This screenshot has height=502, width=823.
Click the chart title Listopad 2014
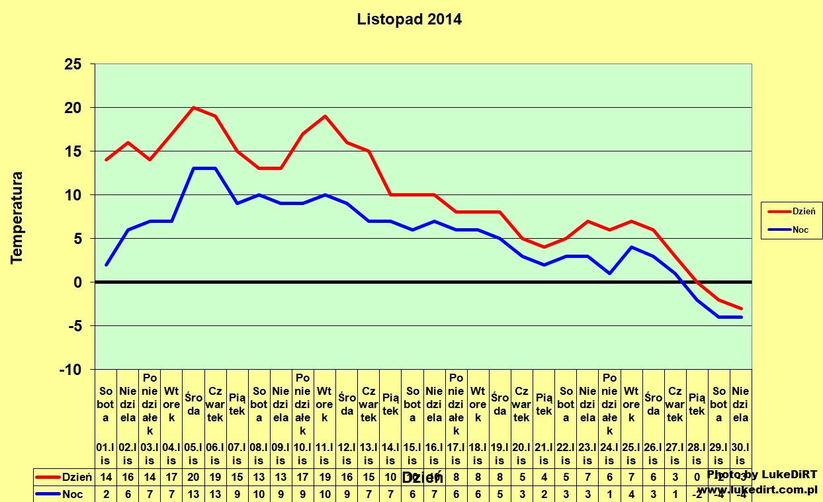[x=409, y=19]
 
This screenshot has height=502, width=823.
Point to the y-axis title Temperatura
[x=17, y=218]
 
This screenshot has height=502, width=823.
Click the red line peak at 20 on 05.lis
[x=193, y=107]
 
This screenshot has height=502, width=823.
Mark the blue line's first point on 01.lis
[x=106, y=265]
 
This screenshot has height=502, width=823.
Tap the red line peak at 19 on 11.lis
[x=324, y=116]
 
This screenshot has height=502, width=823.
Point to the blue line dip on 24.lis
[x=609, y=273]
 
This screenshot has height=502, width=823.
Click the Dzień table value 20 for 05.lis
[x=193, y=476]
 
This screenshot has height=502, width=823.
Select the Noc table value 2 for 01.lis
[x=106, y=493]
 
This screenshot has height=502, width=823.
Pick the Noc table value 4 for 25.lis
[x=631, y=493]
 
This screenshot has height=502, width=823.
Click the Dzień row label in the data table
[x=73, y=476]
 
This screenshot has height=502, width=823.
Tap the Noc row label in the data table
[x=73, y=493]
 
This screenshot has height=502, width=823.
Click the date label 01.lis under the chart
[x=106, y=454]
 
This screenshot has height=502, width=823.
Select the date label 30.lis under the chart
[x=741, y=454]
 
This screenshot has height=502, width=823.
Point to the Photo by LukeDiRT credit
[x=762, y=474]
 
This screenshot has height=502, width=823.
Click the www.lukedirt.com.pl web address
[x=757, y=489]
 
